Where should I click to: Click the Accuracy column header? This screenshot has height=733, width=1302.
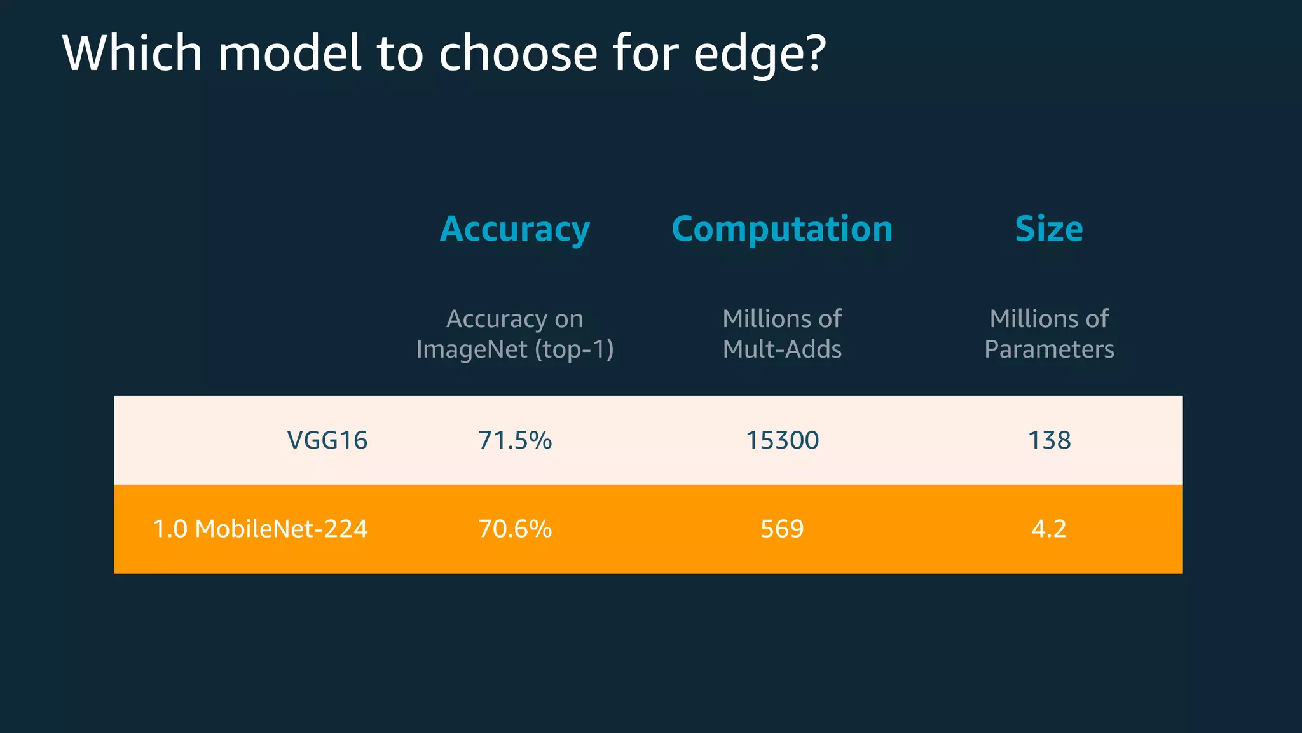515,229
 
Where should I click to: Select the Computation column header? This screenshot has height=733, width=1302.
782,229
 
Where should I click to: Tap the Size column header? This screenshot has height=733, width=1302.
1049,229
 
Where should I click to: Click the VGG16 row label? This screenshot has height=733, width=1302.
327,440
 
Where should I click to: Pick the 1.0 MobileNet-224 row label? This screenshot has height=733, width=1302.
260,529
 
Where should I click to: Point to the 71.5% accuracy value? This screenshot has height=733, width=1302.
515,440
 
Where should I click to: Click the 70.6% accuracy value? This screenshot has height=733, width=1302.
515,529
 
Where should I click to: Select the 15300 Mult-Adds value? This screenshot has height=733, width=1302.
782,440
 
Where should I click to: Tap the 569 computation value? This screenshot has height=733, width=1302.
782,529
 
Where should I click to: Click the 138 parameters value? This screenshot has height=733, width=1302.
1049,440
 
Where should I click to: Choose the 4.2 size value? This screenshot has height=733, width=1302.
1049,529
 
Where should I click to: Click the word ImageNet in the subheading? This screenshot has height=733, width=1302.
472,349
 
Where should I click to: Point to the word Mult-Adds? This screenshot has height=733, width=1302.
782,349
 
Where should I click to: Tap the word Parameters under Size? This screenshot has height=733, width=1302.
1049,349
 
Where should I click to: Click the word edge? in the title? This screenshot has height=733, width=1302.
760,54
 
